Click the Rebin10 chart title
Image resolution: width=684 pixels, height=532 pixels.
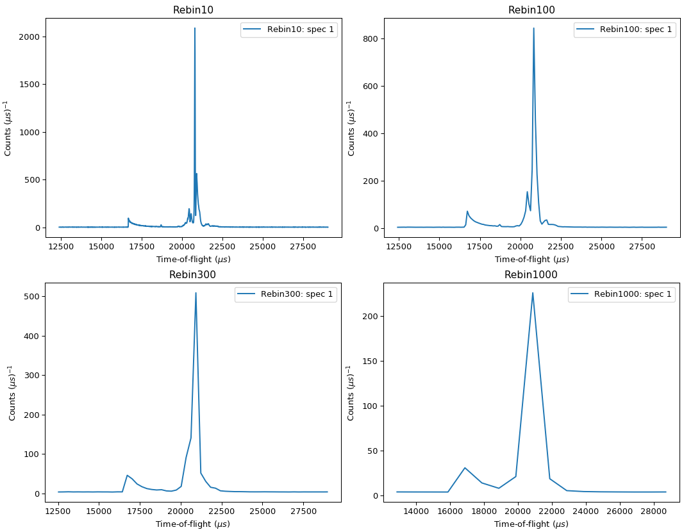point(193,10)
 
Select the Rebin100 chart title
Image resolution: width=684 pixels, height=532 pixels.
point(531,10)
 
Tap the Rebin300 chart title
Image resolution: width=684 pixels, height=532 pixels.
point(192,274)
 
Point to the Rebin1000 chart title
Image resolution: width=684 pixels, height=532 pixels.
point(531,274)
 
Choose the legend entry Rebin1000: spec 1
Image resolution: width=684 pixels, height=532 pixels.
point(633,294)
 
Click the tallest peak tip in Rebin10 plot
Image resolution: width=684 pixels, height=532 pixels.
point(195,28)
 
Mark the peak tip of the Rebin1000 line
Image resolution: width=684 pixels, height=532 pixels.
point(533,293)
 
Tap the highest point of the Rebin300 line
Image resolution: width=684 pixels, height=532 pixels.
point(196,293)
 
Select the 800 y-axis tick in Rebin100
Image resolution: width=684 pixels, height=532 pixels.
point(378,39)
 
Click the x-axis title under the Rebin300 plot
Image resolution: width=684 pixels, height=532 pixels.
point(193,524)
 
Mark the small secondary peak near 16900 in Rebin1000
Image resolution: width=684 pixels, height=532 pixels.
point(465,468)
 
